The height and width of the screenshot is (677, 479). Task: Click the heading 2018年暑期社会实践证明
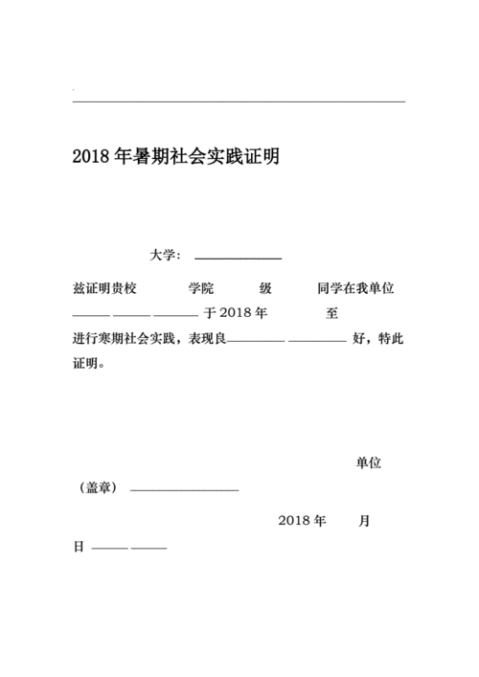[x=175, y=157]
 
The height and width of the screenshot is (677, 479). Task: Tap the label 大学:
[x=165, y=255]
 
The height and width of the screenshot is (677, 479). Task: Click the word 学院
[x=201, y=288]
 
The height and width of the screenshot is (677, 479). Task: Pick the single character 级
[x=266, y=288]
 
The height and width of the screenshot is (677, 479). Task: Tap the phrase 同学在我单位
[x=356, y=288]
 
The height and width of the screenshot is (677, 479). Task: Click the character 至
[x=332, y=313]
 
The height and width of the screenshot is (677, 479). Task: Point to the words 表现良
[x=207, y=339]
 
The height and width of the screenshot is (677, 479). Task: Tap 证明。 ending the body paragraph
[x=89, y=364]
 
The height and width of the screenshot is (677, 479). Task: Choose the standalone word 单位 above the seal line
[x=369, y=463]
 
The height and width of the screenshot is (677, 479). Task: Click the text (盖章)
[x=99, y=488]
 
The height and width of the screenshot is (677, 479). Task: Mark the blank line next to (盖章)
[x=184, y=490]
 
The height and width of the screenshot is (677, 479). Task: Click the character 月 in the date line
[x=364, y=521]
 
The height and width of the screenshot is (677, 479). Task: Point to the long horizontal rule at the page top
[x=239, y=101]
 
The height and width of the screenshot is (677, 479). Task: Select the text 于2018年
[x=236, y=313]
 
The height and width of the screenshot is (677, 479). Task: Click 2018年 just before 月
[x=303, y=521]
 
